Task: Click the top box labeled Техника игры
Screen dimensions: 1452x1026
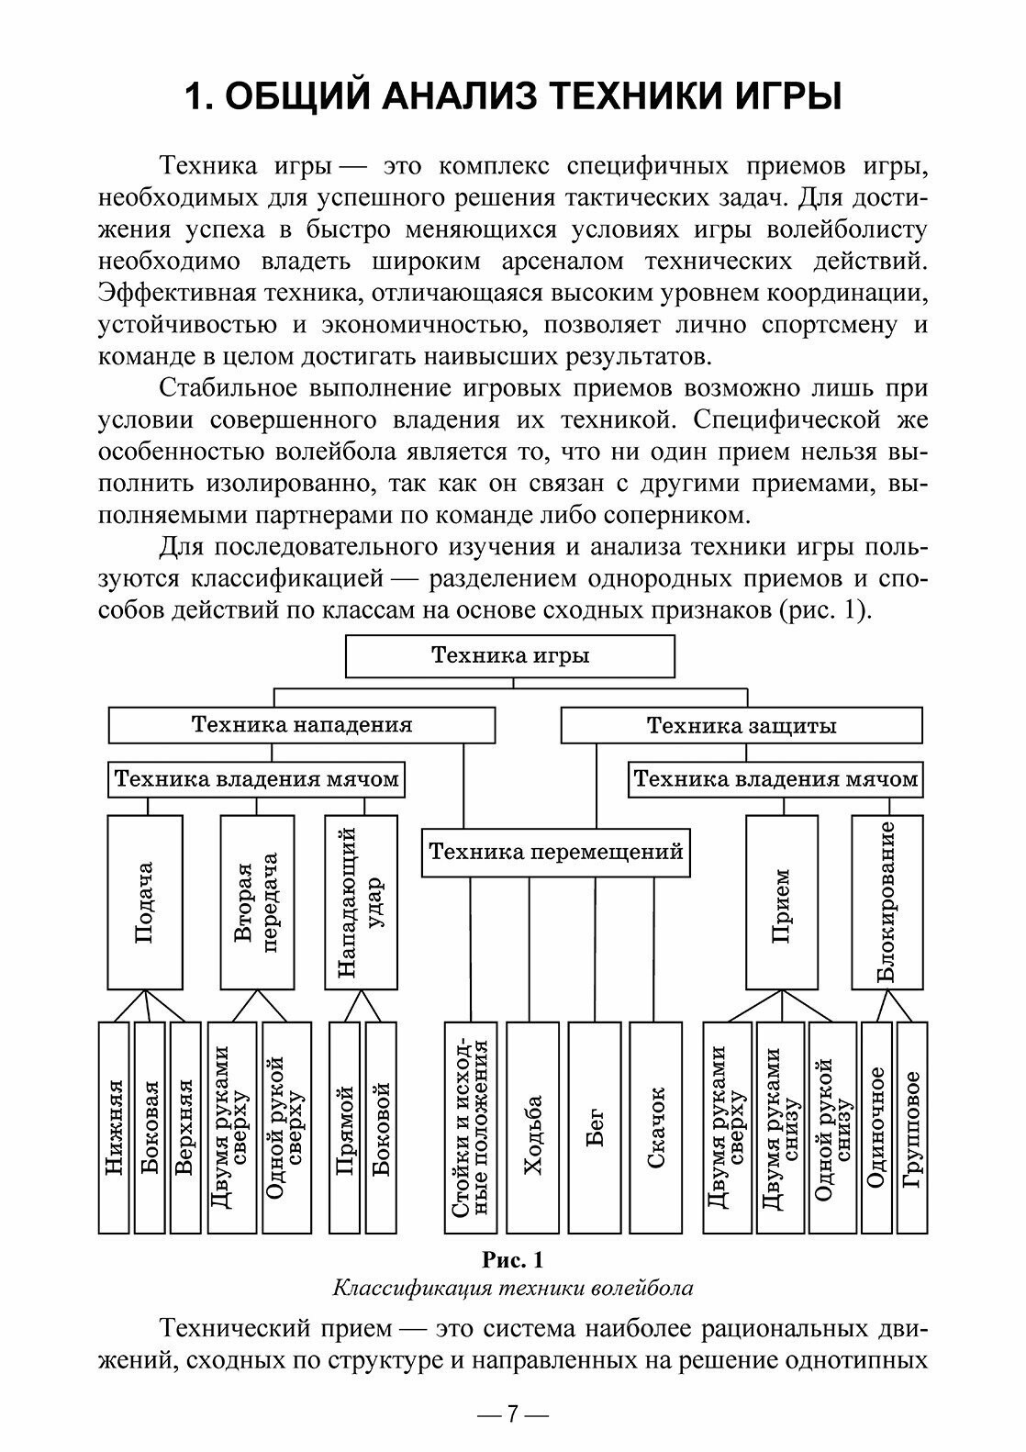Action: click(510, 656)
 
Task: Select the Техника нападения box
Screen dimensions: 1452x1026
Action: click(302, 725)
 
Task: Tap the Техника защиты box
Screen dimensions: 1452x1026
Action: click(742, 726)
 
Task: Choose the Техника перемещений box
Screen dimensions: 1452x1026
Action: click(556, 852)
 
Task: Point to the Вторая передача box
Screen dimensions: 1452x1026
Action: click(256, 902)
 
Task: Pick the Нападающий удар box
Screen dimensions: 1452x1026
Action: click(362, 902)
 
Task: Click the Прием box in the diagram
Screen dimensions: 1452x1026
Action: click(781, 902)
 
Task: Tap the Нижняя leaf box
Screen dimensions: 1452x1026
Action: click(114, 1126)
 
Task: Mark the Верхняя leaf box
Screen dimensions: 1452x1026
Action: click(184, 1126)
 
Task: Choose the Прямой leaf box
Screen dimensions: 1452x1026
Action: click(344, 1126)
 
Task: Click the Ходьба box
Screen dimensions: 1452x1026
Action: click(532, 1126)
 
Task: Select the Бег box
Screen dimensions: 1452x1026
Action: click(595, 1126)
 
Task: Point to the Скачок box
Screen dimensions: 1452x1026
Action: click(655, 1126)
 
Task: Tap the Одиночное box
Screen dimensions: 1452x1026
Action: click(875, 1126)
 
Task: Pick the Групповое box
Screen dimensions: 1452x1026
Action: click(911, 1126)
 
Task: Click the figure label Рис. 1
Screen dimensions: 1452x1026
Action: click(513, 1260)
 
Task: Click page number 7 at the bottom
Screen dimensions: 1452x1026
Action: click(513, 1414)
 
